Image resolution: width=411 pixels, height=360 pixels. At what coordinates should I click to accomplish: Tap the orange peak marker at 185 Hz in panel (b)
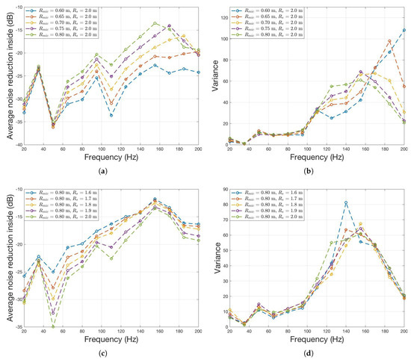(389, 41)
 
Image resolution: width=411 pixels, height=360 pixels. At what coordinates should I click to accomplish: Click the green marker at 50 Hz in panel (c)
(53, 327)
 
